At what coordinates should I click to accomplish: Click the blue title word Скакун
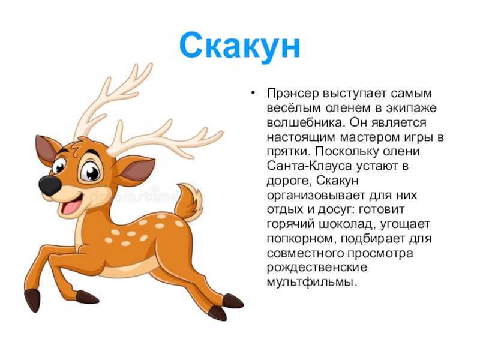[239, 47]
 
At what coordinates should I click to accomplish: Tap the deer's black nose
[49, 186]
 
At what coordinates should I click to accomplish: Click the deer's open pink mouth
[71, 205]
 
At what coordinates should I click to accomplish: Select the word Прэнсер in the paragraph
[293, 94]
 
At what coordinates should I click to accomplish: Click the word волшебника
[306, 122]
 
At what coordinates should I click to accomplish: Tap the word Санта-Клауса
[309, 166]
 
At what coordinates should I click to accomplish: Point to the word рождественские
[317, 267]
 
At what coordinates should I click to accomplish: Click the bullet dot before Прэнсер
[253, 92]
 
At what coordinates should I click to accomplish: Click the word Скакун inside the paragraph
[337, 181]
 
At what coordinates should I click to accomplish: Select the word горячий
[290, 224]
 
